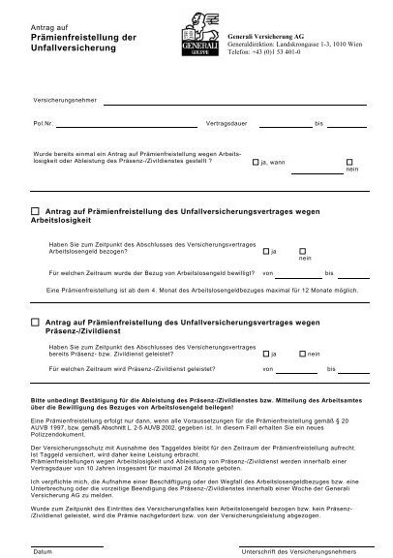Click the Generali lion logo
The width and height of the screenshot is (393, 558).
(200, 33)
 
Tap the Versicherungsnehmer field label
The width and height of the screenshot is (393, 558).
(66, 101)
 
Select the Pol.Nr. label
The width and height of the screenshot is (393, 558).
(44, 125)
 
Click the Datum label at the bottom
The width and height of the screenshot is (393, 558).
(42, 549)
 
